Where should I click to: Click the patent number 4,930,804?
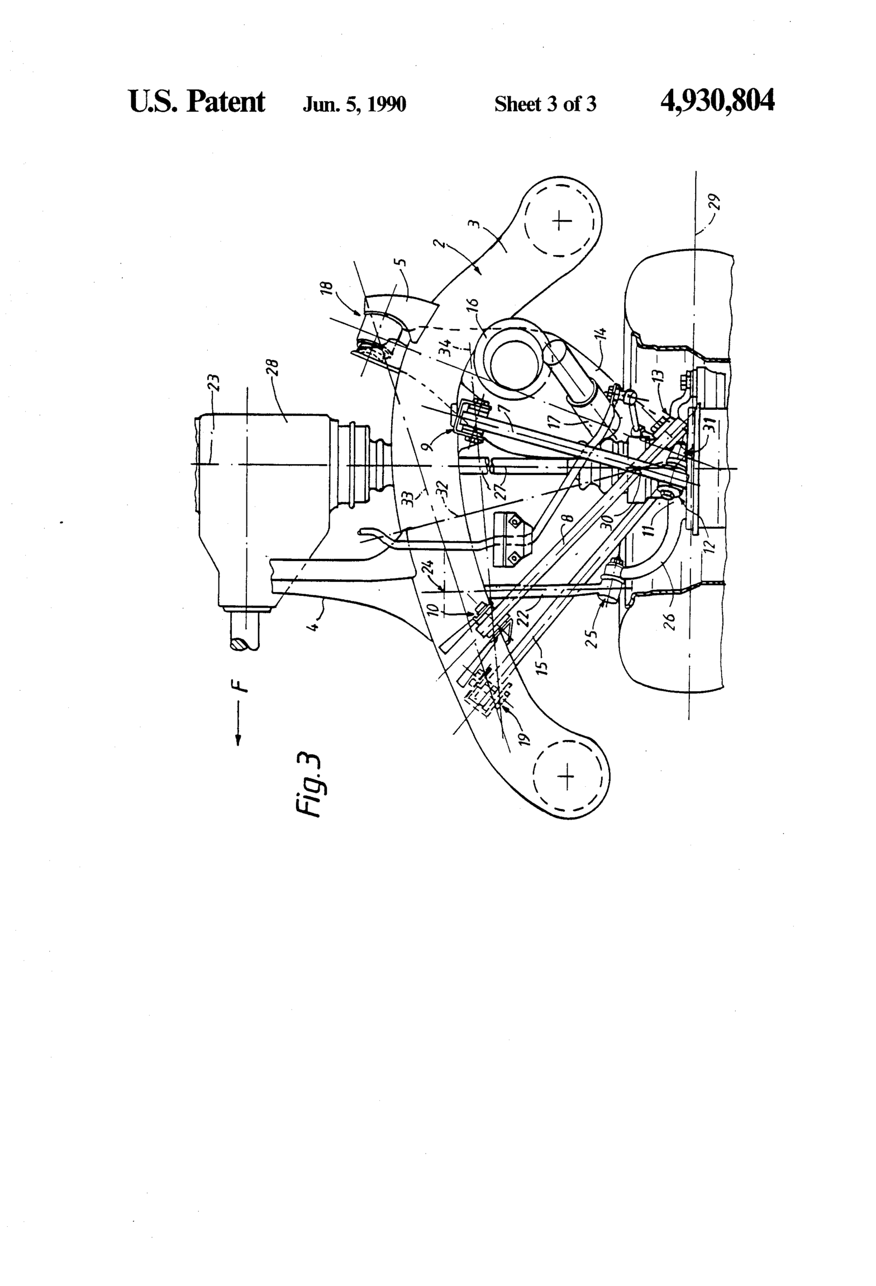pos(717,101)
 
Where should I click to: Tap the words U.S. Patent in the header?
pos(197,102)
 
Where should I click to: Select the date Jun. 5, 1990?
pos(354,104)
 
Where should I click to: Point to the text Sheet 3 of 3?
pos(545,104)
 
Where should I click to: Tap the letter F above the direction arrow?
pos(240,685)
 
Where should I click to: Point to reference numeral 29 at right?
pos(716,202)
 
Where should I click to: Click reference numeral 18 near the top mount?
pos(328,288)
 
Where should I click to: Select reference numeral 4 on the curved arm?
pos(315,624)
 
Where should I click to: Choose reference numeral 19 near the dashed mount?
pos(523,739)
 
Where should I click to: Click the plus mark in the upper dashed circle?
pos(561,221)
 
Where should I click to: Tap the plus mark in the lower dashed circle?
pos(566,777)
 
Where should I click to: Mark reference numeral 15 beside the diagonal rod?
pos(542,663)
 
